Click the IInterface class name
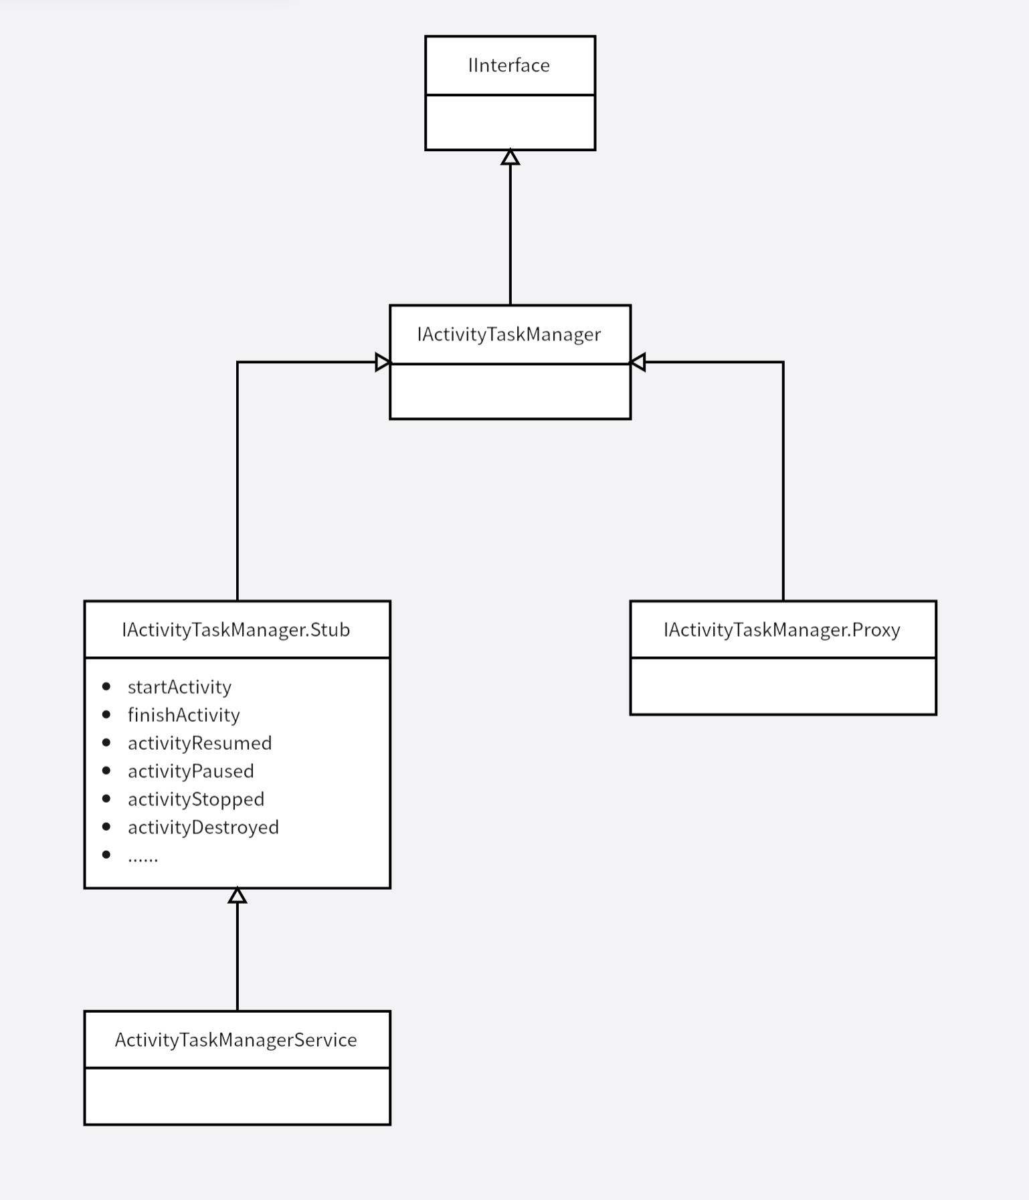(509, 66)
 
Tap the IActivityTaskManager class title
(509, 334)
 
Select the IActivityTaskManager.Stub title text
(236, 630)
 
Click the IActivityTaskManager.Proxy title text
(782, 630)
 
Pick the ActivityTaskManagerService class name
(236, 1040)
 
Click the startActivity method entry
(179, 688)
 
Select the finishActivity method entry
(184, 716)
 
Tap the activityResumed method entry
(199, 744)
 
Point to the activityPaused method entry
(191, 772)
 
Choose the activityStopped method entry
(196, 800)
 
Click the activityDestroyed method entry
(203, 828)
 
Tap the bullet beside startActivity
(106, 687)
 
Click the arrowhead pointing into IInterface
(510, 158)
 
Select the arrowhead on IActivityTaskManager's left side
(383, 363)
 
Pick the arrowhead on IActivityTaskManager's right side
(638, 363)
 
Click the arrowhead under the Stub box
(238, 896)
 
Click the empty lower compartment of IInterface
(510, 122)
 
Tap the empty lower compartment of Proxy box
(783, 686)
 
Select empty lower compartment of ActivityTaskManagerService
(238, 1096)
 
